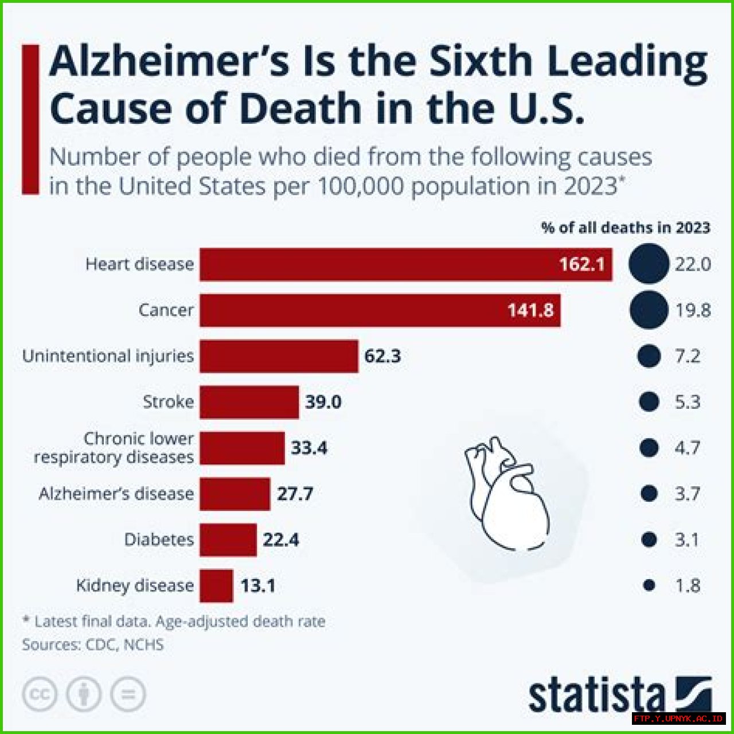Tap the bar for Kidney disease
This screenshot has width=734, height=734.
point(216,585)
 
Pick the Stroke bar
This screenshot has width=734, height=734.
point(249,402)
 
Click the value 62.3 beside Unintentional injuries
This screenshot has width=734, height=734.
point(382,356)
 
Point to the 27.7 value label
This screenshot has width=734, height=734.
point(295,494)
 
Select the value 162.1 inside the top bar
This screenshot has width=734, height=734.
point(581,264)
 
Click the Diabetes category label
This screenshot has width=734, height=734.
point(159,540)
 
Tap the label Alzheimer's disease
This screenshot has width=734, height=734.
point(116,494)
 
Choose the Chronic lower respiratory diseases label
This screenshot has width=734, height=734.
point(114,448)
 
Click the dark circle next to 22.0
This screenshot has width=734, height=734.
point(649,264)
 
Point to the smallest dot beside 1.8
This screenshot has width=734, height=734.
point(649,585)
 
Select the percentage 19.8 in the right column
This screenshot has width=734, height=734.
point(693,310)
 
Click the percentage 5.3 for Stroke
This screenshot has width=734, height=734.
point(687,402)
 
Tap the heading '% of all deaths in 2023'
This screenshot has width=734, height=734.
point(626,228)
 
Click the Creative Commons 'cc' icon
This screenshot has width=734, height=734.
point(40,694)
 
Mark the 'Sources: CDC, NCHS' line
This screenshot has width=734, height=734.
point(93,645)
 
